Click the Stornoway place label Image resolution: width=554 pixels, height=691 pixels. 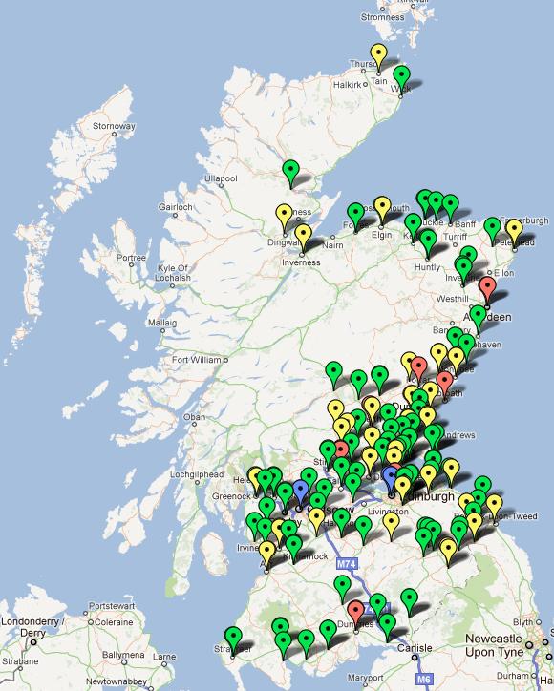[x=113, y=126]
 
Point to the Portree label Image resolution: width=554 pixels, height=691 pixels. [x=131, y=258]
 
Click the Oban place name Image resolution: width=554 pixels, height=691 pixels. [x=195, y=417]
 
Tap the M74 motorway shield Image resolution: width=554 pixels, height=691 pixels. [x=347, y=565]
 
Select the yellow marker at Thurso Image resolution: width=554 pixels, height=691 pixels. [x=379, y=55]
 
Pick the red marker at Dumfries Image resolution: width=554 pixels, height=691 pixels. [x=356, y=611]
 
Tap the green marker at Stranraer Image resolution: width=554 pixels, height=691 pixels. [x=232, y=636]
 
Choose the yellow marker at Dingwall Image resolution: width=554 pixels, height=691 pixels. [x=284, y=215]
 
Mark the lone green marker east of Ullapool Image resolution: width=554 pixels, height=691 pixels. [x=292, y=172]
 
